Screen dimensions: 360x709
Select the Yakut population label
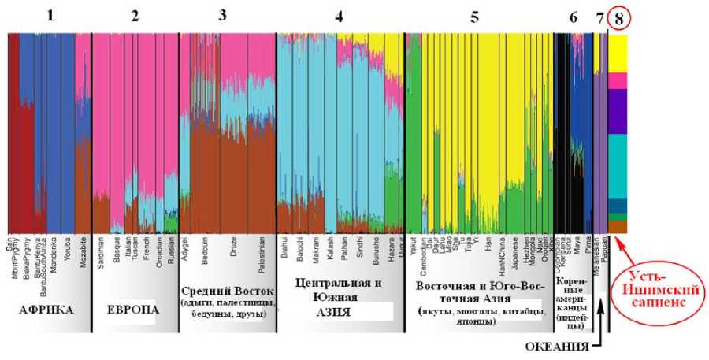411,242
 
